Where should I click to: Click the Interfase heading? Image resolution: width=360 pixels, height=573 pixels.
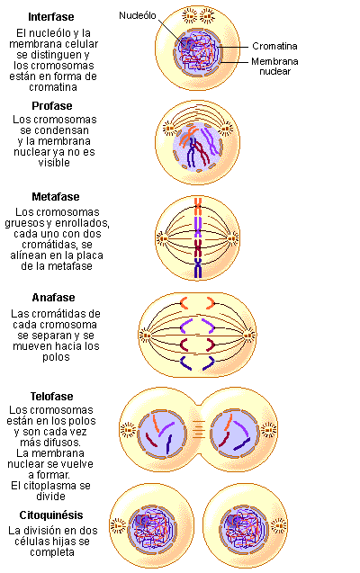click(51, 17)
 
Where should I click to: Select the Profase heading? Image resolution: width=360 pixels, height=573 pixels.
click(52, 106)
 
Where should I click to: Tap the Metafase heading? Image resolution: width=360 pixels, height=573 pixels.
click(56, 197)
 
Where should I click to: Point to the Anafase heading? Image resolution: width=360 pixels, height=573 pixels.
click(53, 298)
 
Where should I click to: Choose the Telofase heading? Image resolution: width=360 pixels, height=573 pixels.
click(51, 396)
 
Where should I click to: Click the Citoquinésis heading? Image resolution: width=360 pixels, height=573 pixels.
click(51, 515)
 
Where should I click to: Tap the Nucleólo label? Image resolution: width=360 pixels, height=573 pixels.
click(138, 15)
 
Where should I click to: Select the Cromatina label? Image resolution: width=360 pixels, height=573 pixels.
click(274, 46)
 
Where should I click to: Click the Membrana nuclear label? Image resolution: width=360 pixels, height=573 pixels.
click(274, 67)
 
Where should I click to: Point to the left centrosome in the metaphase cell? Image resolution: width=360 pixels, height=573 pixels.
click(163, 239)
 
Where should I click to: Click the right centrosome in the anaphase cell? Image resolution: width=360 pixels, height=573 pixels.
click(250, 335)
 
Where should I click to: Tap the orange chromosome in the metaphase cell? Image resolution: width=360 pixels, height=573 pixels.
click(198, 207)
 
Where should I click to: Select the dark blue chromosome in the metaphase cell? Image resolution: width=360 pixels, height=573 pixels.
click(198, 268)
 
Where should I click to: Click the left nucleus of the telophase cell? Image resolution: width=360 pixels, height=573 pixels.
click(162, 434)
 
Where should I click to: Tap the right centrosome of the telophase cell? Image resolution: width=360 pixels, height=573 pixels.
click(269, 430)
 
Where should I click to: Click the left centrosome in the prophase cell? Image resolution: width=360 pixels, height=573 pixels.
click(168, 129)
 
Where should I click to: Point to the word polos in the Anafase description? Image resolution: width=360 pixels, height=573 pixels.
click(56, 356)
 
